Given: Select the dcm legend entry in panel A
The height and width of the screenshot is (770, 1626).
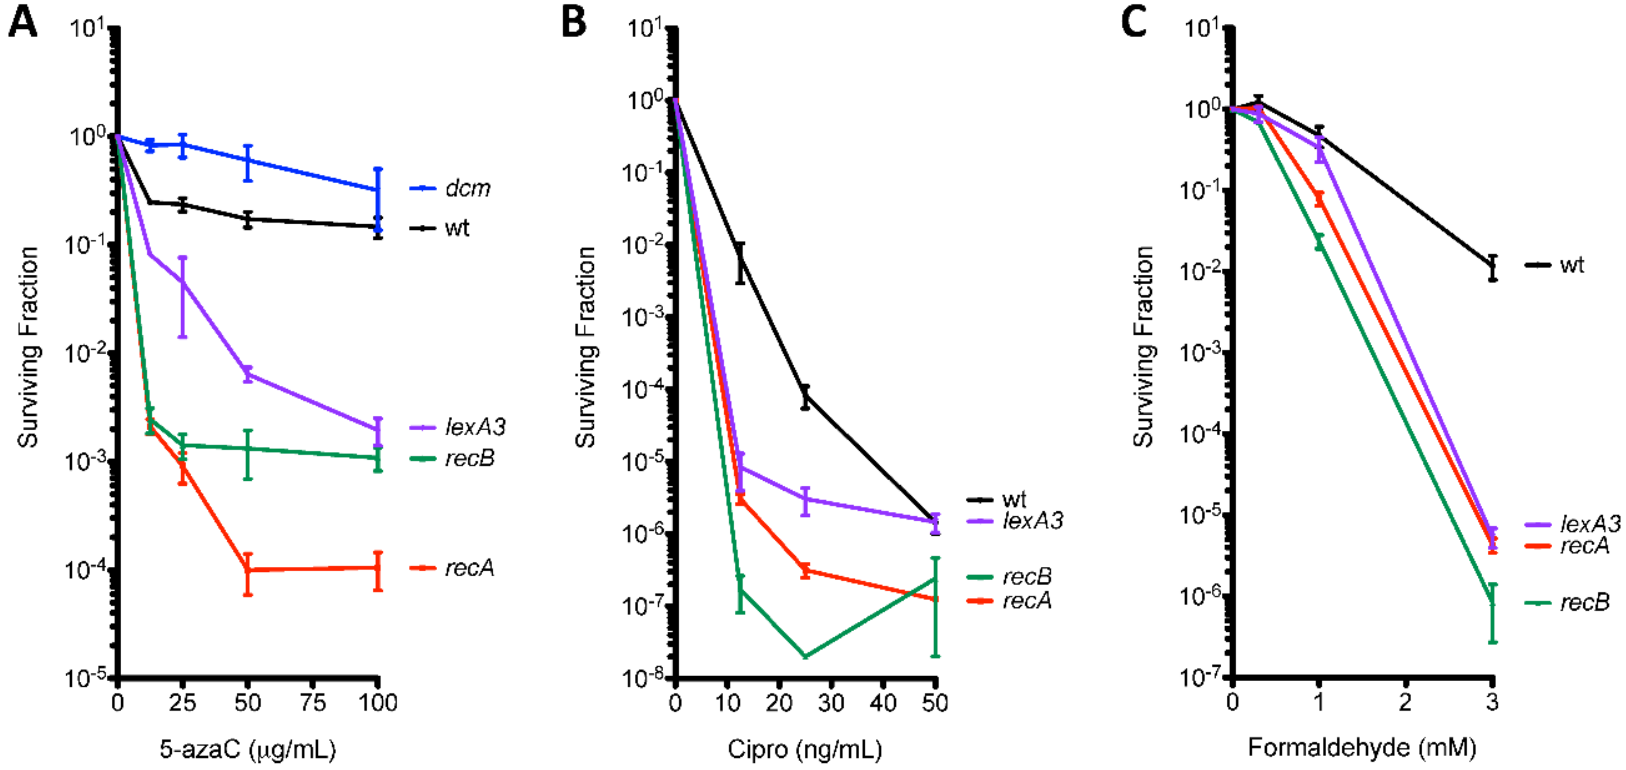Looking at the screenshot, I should coord(467,188).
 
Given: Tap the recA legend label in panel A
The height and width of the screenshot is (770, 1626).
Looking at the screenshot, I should coord(469,568).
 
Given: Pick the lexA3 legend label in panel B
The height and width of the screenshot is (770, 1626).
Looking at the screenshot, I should coord(1033,521).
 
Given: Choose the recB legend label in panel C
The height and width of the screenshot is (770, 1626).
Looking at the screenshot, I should coord(1584,603).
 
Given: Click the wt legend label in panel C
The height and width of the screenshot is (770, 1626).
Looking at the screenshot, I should coord(1572,265).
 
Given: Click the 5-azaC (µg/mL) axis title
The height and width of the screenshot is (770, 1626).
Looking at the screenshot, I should coord(248,749).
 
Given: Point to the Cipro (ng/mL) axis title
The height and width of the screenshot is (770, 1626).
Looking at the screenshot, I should coord(805,749).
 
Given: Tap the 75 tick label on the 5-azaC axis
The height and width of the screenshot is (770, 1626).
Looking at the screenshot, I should coord(313,702).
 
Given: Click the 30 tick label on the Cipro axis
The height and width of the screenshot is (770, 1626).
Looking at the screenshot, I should coord(831,702).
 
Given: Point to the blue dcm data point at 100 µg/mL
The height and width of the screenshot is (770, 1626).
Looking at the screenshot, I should coord(378,190).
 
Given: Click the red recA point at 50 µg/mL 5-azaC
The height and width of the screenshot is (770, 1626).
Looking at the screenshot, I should coord(248,570).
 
